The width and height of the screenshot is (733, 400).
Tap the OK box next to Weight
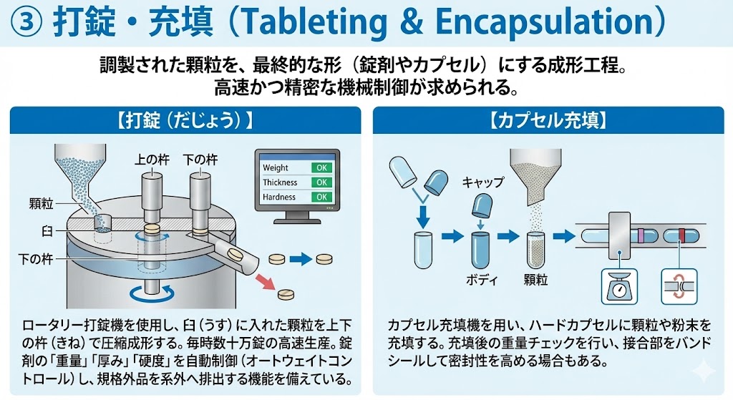(x=322, y=167)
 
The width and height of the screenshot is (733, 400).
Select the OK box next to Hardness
(x=322, y=197)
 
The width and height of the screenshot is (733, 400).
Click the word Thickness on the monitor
(x=280, y=182)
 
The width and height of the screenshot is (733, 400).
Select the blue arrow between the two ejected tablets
(x=300, y=258)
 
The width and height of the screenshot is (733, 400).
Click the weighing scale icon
(x=616, y=286)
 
